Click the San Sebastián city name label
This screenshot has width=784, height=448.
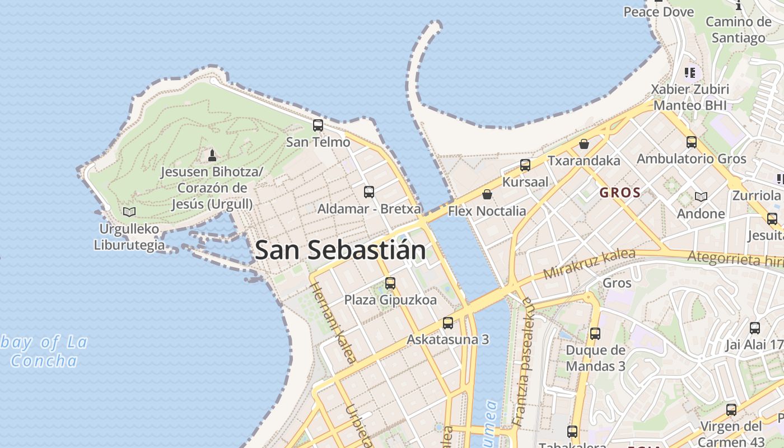(x=340, y=250)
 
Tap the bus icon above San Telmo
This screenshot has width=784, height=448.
(x=318, y=125)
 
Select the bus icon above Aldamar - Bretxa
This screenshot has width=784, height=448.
(x=369, y=192)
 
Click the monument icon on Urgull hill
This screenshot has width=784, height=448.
(x=212, y=155)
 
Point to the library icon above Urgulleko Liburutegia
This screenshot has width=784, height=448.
(x=129, y=212)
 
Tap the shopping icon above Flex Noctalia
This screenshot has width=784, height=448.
(x=487, y=194)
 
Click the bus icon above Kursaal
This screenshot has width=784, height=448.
(x=525, y=165)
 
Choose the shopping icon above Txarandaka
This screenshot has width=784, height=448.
(x=584, y=144)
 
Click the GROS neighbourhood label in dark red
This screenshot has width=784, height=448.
(x=620, y=193)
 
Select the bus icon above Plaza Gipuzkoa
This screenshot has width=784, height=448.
(x=390, y=283)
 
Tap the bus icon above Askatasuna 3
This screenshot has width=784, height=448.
(x=448, y=323)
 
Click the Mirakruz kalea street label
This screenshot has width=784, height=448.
(x=589, y=264)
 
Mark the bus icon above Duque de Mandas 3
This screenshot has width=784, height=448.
(x=595, y=334)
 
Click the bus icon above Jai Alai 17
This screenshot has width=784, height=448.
(x=755, y=328)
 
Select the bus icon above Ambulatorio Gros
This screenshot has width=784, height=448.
(x=692, y=142)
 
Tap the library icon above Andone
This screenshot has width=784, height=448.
(x=701, y=197)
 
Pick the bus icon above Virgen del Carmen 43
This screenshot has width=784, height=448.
(x=731, y=410)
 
